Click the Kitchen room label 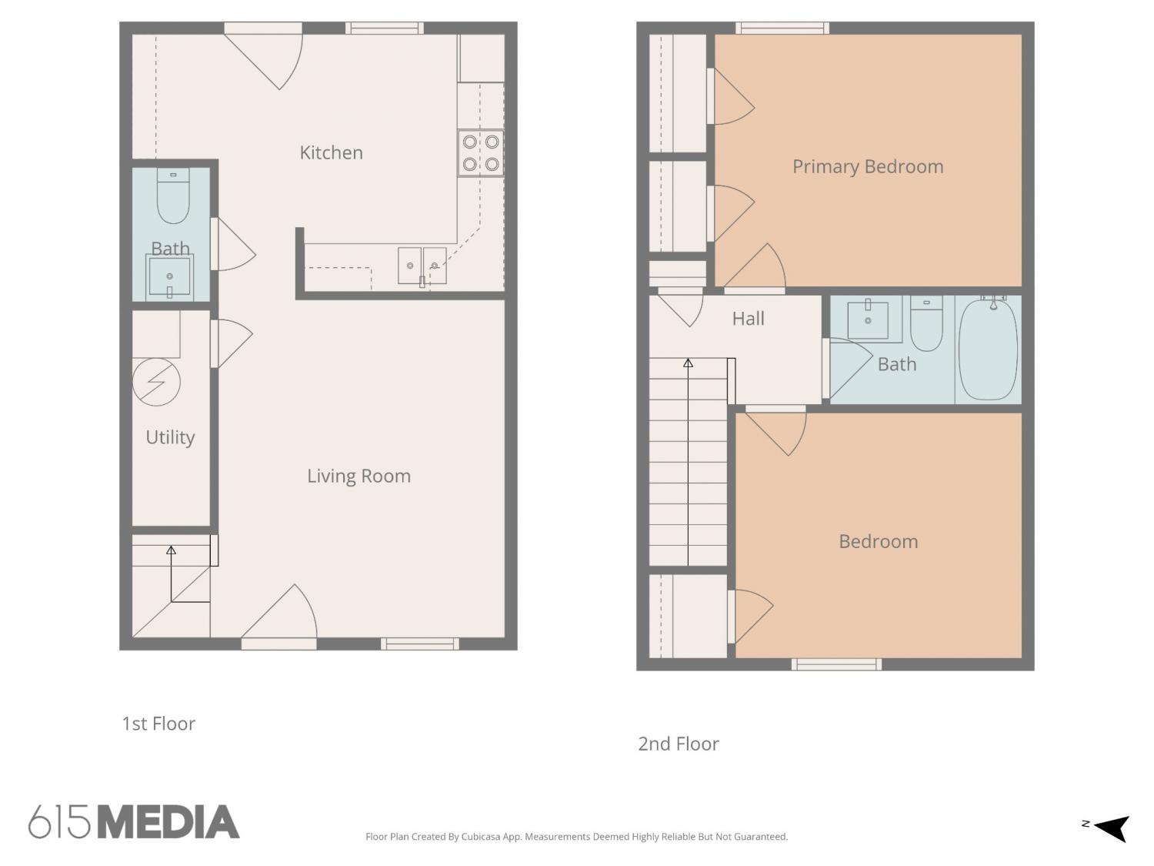[331, 152]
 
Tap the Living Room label [359, 476]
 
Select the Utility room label [170, 437]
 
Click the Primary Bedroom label [868, 167]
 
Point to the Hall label [748, 318]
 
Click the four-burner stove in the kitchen [481, 153]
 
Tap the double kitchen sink [422, 266]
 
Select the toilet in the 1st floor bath [172, 196]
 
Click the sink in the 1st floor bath [169, 276]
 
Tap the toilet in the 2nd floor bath [926, 323]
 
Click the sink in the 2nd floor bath [868, 319]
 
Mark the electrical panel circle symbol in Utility [156, 382]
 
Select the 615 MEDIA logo [134, 821]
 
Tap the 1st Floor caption [158, 724]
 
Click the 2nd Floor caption [679, 744]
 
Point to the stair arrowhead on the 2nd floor [688, 363]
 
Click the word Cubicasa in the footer [481, 837]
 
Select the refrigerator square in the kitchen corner [481, 58]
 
